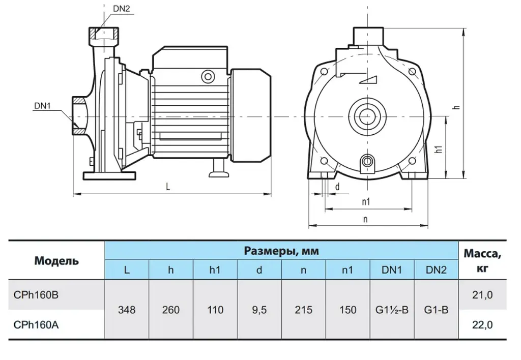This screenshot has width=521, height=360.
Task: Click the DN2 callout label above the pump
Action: [121, 9]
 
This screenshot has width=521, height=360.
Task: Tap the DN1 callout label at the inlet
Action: [43, 106]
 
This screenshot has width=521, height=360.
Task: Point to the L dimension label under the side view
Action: [168, 187]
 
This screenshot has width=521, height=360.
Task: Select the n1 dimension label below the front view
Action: [366, 201]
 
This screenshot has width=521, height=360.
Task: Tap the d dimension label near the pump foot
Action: [337, 187]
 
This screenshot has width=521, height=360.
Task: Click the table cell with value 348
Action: [127, 310]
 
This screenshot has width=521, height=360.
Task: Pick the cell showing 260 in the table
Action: [171, 310]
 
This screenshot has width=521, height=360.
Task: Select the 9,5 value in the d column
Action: [259, 310]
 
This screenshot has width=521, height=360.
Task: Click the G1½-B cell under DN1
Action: [392, 310]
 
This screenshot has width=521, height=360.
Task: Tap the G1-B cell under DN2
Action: [436, 310]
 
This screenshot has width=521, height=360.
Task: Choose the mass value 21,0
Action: [482, 295]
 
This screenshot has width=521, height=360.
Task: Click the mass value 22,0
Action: [482, 325]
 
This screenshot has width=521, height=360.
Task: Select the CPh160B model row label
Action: [36, 295]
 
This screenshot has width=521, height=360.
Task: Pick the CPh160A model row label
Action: [36, 325]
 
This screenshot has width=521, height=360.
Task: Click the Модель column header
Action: [56, 261]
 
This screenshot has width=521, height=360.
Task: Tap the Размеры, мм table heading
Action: [281, 251]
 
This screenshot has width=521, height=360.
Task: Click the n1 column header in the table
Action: [348, 270]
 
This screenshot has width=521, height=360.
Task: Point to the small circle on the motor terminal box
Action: [208, 77]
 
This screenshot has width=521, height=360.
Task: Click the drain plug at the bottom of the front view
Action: [367, 162]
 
